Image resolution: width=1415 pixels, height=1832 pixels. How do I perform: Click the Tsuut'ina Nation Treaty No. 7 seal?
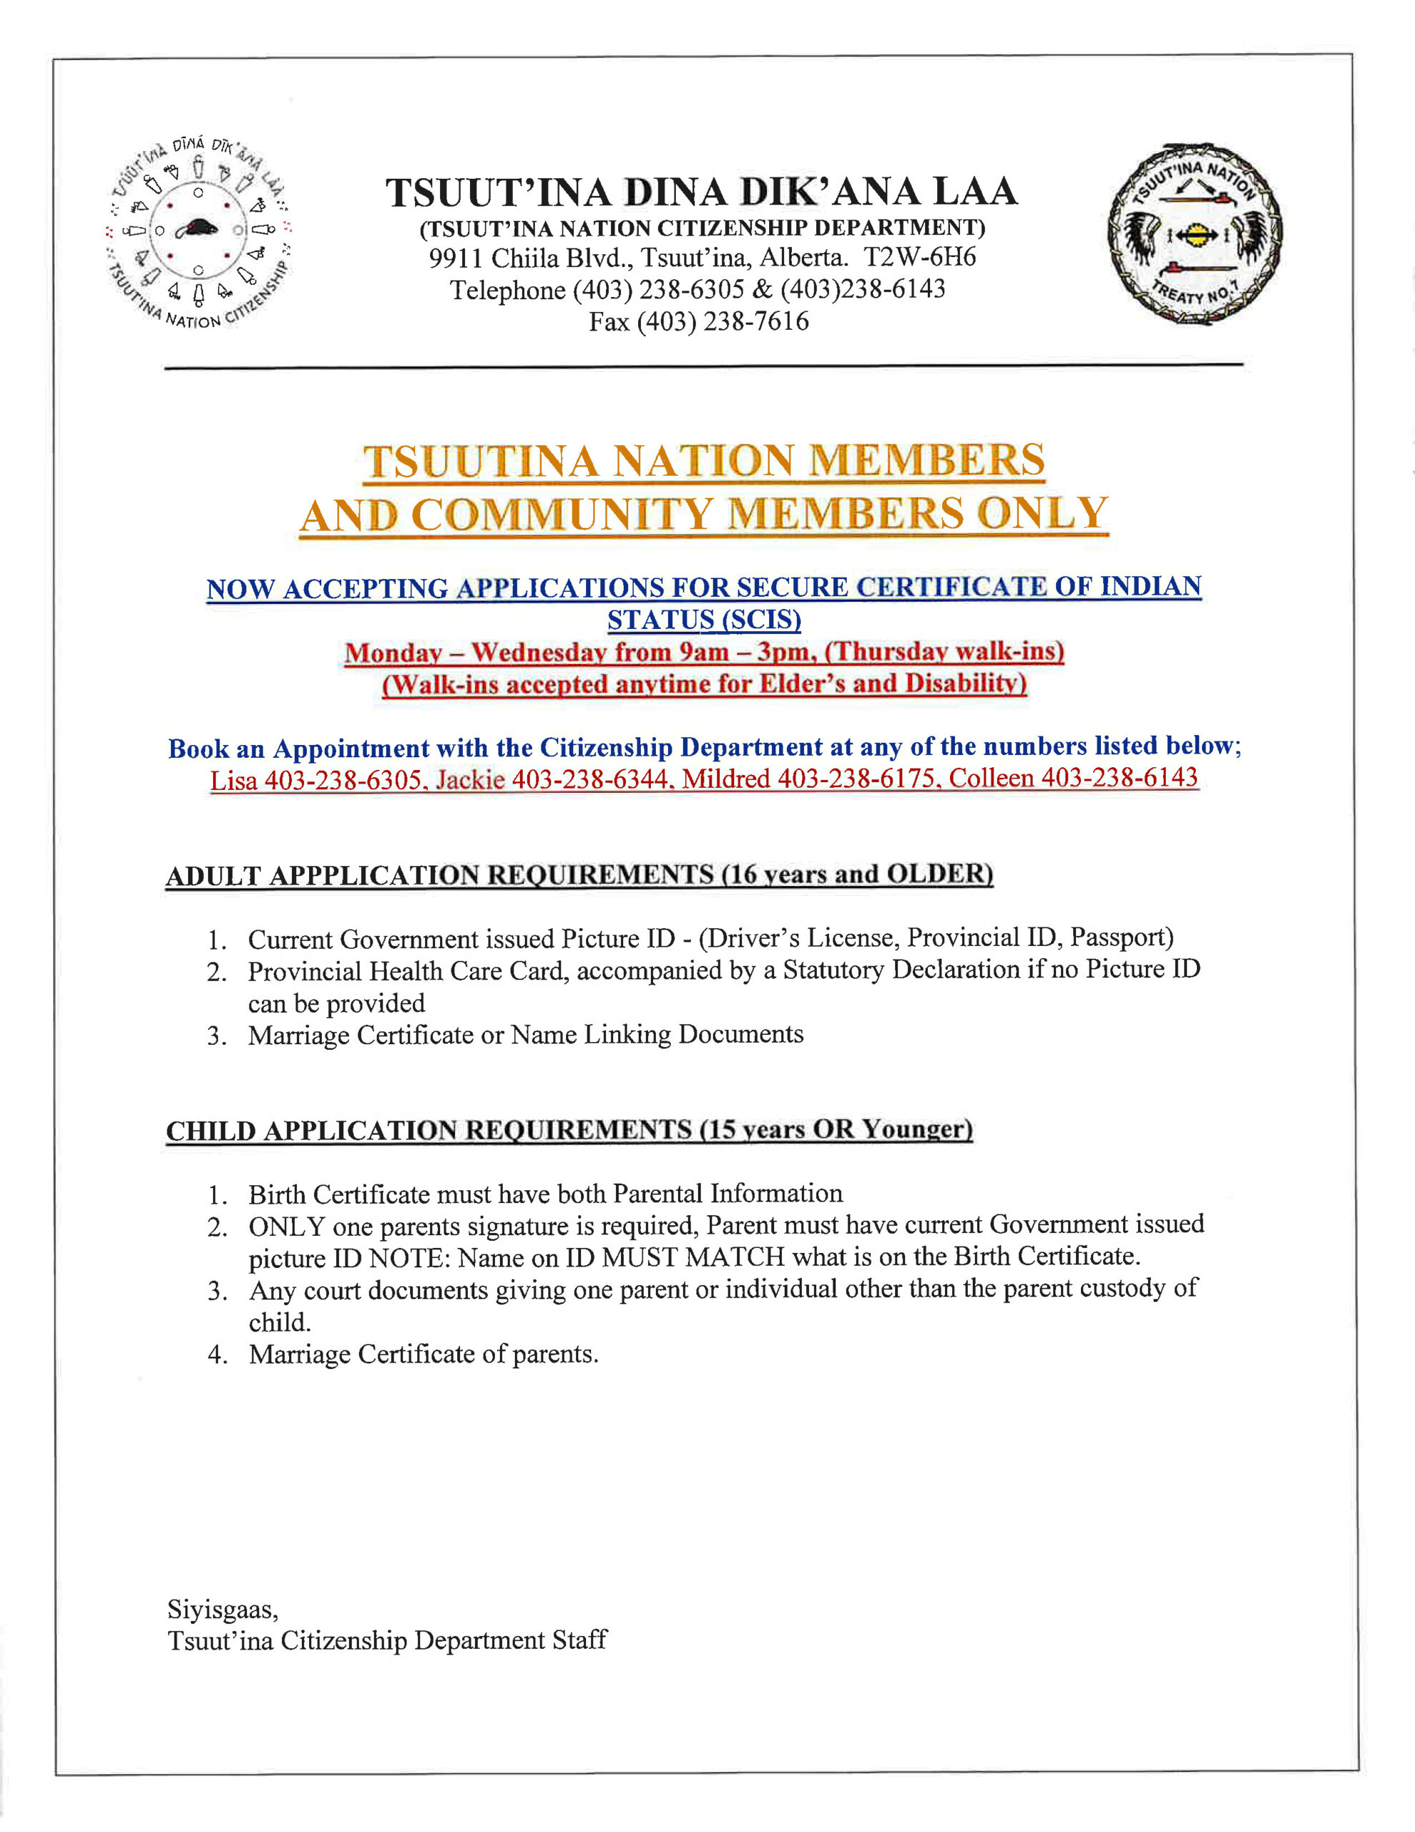pos(1195,233)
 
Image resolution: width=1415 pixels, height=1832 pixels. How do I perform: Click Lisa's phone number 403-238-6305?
pos(342,781)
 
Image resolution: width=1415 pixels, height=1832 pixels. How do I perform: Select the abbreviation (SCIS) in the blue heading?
pos(705,620)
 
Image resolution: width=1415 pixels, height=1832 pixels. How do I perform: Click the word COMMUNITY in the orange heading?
pos(562,515)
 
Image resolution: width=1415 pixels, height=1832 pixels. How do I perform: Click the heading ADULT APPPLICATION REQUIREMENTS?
pos(439,875)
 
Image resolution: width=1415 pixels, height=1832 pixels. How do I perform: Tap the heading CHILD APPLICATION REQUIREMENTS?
pos(429,1130)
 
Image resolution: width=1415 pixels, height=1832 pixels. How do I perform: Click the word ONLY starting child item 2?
pos(286,1227)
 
